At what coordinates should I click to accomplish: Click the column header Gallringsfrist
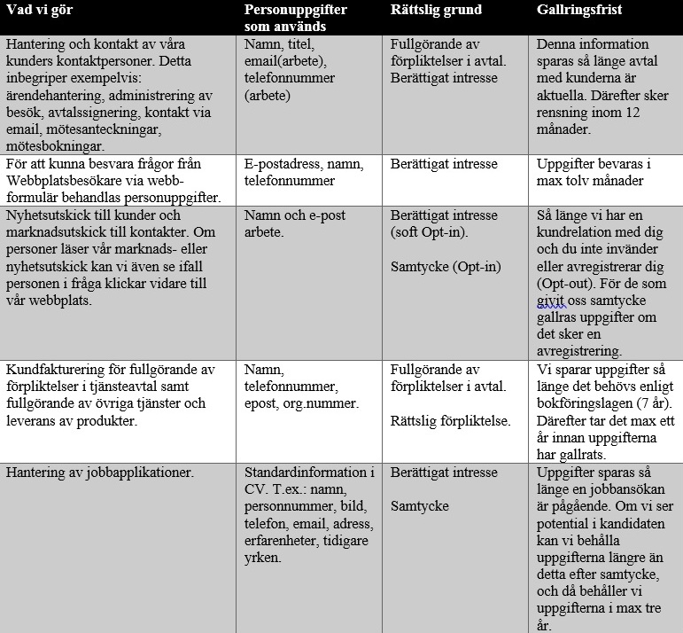pos(580,10)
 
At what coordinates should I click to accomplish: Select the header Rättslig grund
pos(436,10)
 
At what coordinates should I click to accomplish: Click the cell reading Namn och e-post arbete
pos(294,223)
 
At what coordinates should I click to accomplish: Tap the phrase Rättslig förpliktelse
pos(451,420)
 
